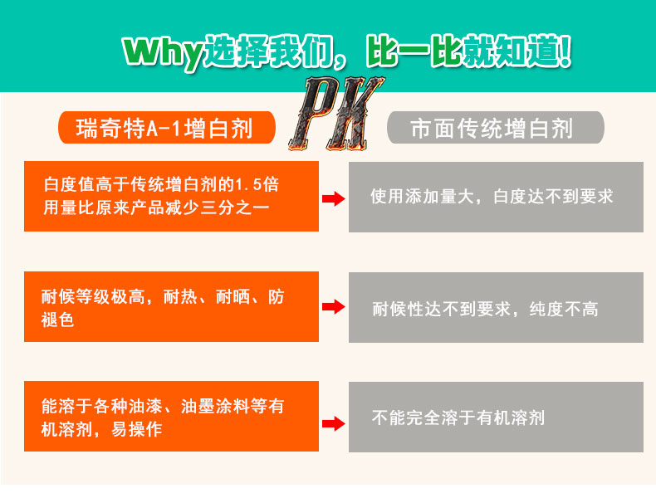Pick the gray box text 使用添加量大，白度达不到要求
(492, 198)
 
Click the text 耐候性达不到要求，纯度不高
(485, 310)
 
